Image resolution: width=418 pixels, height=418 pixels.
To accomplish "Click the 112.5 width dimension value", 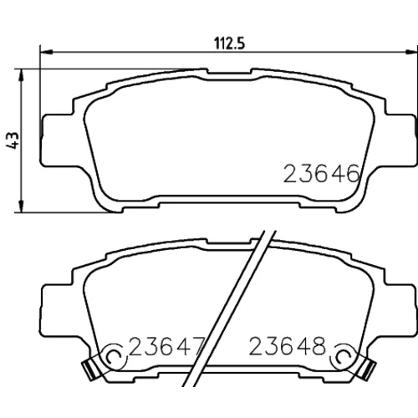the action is [x=229, y=43].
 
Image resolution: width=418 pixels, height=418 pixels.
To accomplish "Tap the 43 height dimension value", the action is [x=13, y=140].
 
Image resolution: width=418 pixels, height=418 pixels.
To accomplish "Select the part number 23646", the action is [x=322, y=174].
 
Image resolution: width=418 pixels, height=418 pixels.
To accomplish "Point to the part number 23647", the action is [x=167, y=346].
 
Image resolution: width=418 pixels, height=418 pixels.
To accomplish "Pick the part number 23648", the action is [x=288, y=346].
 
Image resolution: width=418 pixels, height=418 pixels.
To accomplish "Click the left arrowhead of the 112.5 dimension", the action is [x=47, y=52].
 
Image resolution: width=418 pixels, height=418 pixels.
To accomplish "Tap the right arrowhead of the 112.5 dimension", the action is [x=411, y=52].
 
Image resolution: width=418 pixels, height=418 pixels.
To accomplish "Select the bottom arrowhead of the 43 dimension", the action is [x=21, y=206].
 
